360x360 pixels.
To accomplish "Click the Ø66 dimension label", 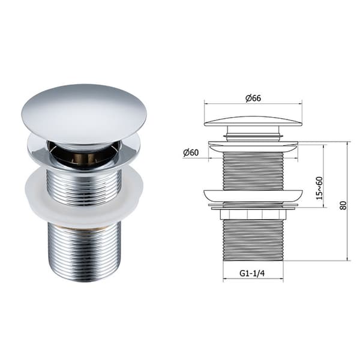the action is click(253, 98).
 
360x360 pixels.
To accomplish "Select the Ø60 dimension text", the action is click(191, 152).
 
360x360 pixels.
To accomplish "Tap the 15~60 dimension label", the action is click(319, 188).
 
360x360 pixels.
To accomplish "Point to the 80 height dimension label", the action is click(343, 205).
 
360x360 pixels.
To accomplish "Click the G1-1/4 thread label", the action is click(252, 273).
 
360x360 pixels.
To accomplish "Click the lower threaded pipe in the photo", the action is click(84, 253).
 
